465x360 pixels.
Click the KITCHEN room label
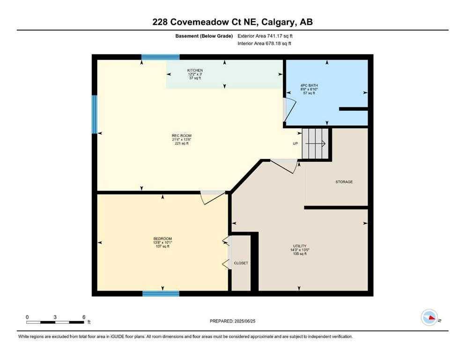click(x=195, y=70)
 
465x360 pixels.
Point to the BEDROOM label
click(x=162, y=238)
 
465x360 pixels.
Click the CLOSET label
click(x=241, y=263)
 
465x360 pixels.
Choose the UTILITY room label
click(x=300, y=246)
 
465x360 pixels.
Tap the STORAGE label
click(x=344, y=182)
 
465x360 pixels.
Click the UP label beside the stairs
click(x=295, y=143)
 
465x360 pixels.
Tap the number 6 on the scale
click(x=83, y=317)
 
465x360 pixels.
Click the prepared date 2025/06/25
click(x=233, y=321)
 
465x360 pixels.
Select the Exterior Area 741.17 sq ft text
click(x=266, y=36)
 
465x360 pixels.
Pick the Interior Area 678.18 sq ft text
click(x=266, y=44)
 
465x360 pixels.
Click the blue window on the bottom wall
click(x=161, y=294)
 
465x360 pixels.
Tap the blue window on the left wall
click(x=94, y=114)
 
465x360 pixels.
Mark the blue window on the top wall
click(x=160, y=57)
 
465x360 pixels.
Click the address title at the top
click(x=232, y=22)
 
